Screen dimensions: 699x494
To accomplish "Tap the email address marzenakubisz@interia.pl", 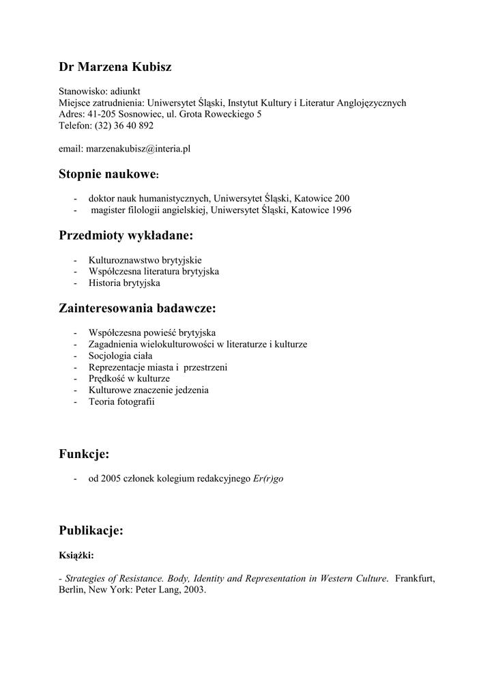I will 137,148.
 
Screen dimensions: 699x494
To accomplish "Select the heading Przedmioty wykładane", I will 126,236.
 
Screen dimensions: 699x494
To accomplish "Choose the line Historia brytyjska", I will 124,283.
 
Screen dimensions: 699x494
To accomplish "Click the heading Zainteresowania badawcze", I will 137,309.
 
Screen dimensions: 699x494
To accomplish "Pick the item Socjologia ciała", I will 120,356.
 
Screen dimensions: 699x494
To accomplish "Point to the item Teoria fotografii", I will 121,401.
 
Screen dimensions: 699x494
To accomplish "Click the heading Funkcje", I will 84,454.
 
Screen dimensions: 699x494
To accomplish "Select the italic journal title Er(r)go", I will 268,479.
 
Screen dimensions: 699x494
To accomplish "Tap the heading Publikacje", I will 91,530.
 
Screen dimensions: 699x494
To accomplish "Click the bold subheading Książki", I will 76,556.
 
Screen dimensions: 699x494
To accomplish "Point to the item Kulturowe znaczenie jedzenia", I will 148,390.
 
